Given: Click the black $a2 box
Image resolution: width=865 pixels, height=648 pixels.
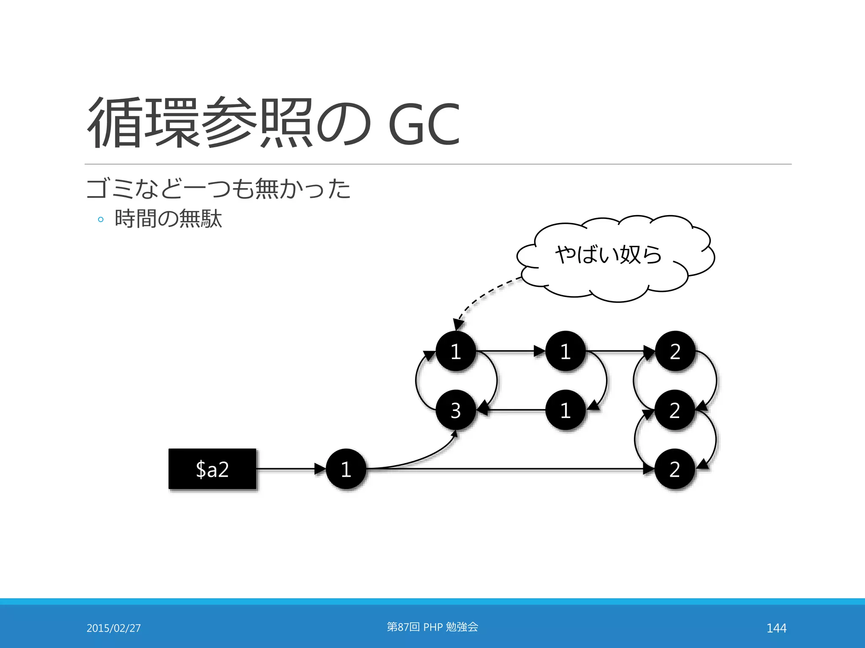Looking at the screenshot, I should tap(212, 469).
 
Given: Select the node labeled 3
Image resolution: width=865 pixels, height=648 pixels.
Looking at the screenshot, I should tap(456, 410).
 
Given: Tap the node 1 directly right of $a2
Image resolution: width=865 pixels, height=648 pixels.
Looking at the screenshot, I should tap(346, 469).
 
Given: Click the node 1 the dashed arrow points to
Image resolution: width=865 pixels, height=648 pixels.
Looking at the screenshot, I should tap(456, 351).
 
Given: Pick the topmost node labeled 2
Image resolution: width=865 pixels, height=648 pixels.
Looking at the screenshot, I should tap(675, 351).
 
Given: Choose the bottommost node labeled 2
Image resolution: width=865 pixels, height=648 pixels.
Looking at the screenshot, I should tap(675, 469).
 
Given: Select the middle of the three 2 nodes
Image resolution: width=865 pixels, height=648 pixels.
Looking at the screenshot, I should tap(675, 410).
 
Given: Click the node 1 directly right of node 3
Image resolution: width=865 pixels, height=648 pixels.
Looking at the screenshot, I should tap(565, 410).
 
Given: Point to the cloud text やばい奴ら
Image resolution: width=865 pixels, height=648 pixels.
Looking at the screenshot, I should tap(608, 255).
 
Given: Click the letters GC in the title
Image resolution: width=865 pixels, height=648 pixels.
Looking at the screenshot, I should tap(423, 124).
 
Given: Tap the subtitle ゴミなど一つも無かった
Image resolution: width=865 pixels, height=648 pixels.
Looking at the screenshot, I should tap(218, 189).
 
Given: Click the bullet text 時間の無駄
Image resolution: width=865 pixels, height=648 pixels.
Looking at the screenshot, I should tap(168, 219).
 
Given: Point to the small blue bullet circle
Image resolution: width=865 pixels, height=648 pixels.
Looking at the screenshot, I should tap(101, 219).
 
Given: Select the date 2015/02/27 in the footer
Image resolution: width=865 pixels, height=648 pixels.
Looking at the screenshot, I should tap(114, 628).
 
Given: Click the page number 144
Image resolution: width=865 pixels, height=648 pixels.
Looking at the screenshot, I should tap(776, 628).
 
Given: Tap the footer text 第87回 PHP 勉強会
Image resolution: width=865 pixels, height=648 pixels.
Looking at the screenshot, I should tap(432, 627).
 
